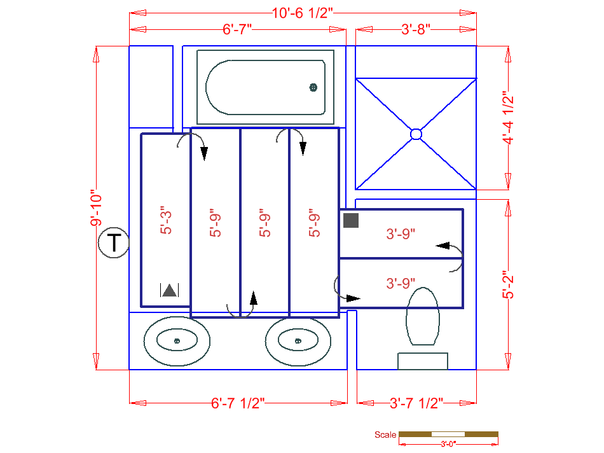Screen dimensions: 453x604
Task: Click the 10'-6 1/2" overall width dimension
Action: (303, 13)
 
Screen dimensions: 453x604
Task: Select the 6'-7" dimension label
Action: (238, 29)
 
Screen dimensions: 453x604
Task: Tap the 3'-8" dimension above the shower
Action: (416, 29)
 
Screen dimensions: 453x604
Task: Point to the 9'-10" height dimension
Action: (96, 208)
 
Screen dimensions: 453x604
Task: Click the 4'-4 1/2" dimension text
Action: (508, 118)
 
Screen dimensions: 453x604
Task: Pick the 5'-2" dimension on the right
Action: (508, 284)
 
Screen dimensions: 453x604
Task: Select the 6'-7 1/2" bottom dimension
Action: (238, 403)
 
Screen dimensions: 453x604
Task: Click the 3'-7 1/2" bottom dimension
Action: (416, 403)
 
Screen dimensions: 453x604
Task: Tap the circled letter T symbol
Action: (114, 243)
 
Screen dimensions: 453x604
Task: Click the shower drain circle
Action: (416, 134)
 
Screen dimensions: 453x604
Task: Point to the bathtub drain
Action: (313, 88)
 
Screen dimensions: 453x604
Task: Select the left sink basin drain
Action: (177, 342)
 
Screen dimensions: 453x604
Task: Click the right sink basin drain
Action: (298, 342)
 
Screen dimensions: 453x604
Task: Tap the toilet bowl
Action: (423, 316)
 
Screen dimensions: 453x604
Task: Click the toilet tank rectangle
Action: (423, 361)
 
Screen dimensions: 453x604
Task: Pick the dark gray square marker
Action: (351, 221)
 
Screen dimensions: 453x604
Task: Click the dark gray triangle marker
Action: (169, 291)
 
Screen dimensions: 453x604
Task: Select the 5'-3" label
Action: (166, 220)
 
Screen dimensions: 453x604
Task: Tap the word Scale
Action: (385, 435)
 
